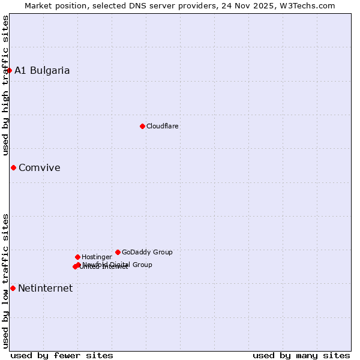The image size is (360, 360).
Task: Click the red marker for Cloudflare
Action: [x=142, y=126]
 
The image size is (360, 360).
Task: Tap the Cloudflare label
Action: [x=163, y=126]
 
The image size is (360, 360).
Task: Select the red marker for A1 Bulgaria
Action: [x=9, y=70]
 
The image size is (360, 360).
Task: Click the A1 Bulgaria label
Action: [x=42, y=71]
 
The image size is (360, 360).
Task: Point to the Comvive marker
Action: [x=13, y=167]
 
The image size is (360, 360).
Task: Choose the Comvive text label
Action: [x=40, y=168]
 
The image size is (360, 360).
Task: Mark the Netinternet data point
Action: [x=13, y=288]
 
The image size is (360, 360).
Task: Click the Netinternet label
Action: [x=46, y=289]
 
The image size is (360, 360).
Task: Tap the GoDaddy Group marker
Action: [x=118, y=252]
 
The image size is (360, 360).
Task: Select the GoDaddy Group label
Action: [x=147, y=252]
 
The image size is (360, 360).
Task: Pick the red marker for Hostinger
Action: [x=77, y=257]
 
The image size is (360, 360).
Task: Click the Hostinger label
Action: [x=97, y=257]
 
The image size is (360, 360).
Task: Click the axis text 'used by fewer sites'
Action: [x=62, y=355]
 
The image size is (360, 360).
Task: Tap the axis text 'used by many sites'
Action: [x=301, y=355]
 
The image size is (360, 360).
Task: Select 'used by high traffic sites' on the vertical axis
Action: [x=5, y=86]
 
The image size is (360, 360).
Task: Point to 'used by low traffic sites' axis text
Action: [x=5, y=280]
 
